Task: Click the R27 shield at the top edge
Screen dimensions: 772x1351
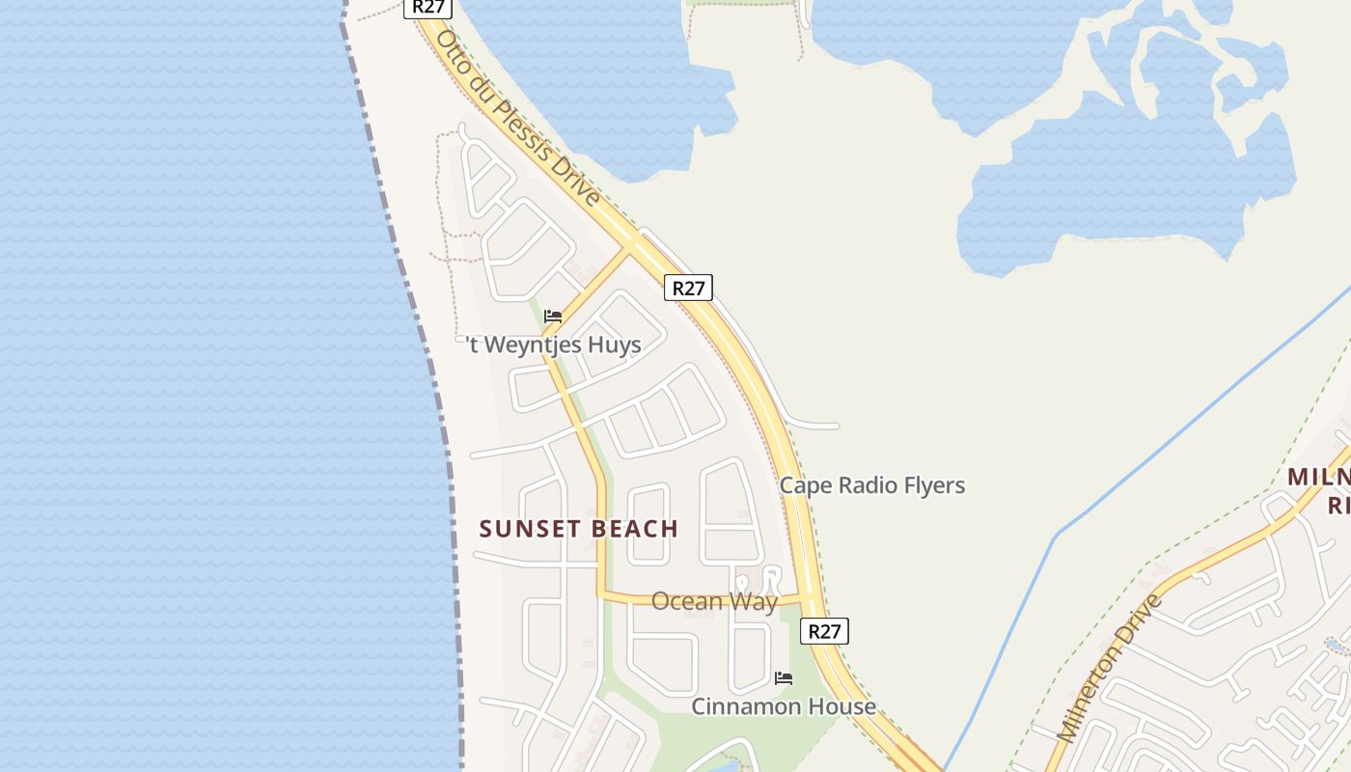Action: [427, 7]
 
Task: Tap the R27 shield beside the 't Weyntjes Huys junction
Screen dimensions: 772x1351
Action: [688, 288]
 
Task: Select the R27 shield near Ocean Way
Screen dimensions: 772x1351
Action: [824, 631]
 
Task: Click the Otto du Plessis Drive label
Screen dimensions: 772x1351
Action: [518, 118]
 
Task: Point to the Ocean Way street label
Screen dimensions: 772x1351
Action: [714, 601]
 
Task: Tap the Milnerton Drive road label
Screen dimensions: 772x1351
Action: [1111, 668]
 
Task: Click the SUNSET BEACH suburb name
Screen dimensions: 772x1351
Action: [579, 529]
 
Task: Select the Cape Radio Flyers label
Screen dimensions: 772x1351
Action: [871, 484]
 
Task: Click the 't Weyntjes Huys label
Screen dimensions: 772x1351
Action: [554, 345]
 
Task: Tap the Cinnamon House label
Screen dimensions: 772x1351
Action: [784, 706]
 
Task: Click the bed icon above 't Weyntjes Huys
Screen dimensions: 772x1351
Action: [553, 316]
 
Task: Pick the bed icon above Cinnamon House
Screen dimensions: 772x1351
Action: [784, 678]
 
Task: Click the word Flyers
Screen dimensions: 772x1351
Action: [931, 484]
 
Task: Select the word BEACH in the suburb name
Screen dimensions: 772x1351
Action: [635, 529]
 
